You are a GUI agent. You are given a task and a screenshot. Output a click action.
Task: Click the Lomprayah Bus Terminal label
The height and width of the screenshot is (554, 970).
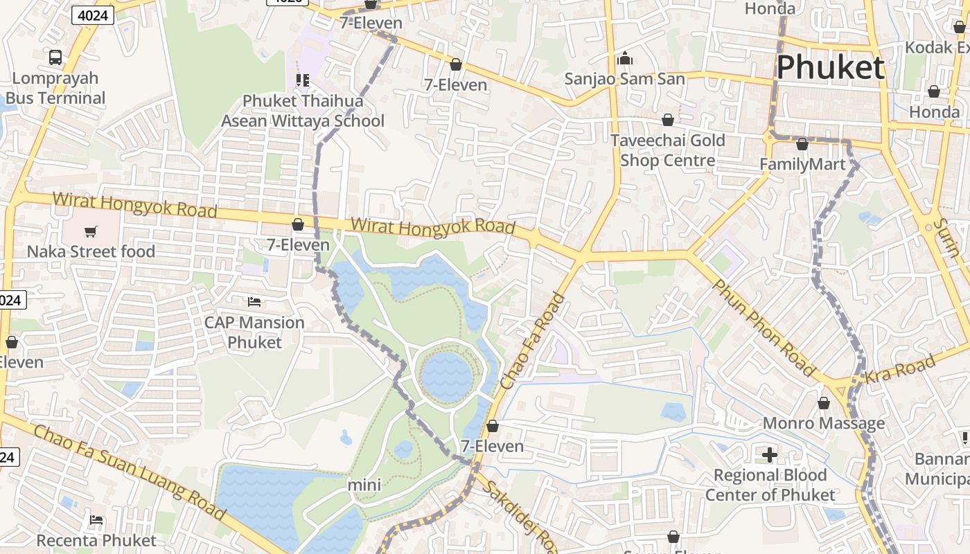(x=55, y=88)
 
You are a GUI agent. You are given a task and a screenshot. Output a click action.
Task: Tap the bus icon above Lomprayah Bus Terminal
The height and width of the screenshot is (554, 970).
(x=55, y=57)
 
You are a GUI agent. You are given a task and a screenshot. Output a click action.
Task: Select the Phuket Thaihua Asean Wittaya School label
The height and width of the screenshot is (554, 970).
(x=303, y=111)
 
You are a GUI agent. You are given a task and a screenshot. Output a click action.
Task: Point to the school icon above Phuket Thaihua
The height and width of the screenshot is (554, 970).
(x=303, y=80)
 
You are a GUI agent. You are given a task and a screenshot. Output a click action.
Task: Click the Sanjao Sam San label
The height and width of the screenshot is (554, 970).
(x=624, y=78)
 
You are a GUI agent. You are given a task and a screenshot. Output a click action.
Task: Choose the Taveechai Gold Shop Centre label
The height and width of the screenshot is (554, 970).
(x=667, y=150)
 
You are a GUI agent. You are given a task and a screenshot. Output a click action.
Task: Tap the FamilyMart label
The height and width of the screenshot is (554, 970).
(x=802, y=164)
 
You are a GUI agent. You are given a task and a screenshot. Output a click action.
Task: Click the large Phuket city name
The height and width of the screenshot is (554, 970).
(x=830, y=68)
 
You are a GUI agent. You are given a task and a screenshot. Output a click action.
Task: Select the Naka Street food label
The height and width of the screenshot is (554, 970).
(x=91, y=251)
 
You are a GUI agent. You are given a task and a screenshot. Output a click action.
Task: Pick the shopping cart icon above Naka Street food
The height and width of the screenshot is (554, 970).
(x=91, y=231)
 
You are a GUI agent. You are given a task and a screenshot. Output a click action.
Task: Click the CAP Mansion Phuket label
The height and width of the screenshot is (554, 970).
(x=254, y=332)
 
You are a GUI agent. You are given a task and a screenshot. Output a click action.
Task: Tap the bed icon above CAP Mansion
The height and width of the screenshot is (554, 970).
(x=254, y=302)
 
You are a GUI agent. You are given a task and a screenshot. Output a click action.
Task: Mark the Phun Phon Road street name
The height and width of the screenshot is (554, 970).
(x=764, y=328)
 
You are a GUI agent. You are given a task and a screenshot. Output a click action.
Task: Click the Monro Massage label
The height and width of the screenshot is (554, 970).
(x=823, y=422)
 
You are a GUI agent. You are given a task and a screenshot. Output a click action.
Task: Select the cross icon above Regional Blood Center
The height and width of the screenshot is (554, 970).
(x=769, y=455)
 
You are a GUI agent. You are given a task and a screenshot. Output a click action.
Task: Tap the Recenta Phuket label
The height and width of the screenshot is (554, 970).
(x=96, y=539)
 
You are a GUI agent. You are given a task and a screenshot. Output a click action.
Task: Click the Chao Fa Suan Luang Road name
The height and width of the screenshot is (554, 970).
(x=130, y=473)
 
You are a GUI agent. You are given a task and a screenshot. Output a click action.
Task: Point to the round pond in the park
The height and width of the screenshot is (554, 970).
(x=447, y=376)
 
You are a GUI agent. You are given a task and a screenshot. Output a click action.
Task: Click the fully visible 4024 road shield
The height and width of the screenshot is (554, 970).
(x=92, y=15)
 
